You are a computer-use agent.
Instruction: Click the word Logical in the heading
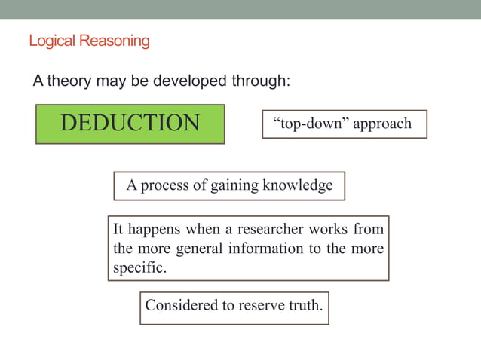51,41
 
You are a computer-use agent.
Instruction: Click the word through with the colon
261,81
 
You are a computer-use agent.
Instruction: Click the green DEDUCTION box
130,124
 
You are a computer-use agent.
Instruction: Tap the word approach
382,124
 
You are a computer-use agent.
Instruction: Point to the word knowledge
297,185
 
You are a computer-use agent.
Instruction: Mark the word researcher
256,229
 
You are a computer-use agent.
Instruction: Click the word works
326,229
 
